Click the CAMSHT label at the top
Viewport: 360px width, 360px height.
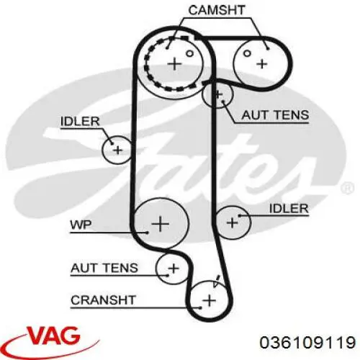217,10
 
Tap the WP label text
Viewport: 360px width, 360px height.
81,225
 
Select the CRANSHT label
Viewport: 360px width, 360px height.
104,300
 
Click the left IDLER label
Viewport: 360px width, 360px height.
80,121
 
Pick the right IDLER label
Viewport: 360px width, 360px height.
289,208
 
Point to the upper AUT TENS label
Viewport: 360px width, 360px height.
275,115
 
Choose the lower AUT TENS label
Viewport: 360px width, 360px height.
104,268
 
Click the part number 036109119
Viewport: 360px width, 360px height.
307,342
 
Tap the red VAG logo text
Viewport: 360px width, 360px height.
54,335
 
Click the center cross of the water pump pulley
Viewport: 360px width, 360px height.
161,224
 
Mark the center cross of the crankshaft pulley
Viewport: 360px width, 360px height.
210,300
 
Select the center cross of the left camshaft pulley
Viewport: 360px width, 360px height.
174,64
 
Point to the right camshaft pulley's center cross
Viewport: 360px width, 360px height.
262,64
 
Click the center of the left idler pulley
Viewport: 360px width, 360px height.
117,150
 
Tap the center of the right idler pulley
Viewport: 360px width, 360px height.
232,222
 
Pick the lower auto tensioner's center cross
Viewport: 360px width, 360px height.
174,268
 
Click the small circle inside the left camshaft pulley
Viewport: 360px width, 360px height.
189,53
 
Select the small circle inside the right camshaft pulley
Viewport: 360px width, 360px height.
247,53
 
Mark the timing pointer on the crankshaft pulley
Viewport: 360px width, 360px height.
217,281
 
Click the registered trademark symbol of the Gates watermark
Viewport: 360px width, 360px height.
347,187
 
